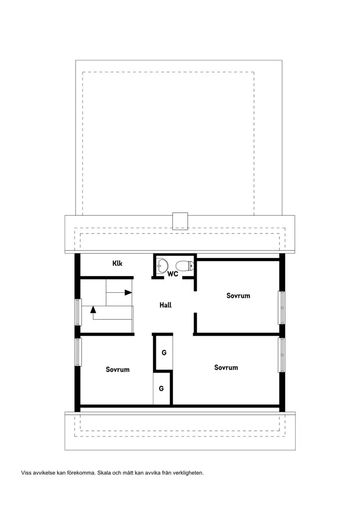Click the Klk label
(x=118, y=263)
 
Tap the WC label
(x=173, y=274)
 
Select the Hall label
(x=165, y=305)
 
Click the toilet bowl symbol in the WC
(x=185, y=266)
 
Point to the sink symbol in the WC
(x=162, y=265)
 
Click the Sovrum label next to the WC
(x=239, y=296)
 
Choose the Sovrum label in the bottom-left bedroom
(x=118, y=370)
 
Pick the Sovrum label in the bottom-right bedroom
(x=226, y=368)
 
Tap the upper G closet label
(x=164, y=353)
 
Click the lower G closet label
(x=161, y=388)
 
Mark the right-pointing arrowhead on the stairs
(x=128, y=292)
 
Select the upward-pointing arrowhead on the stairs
(x=93, y=309)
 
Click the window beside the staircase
(x=78, y=312)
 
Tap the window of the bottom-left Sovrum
(x=78, y=352)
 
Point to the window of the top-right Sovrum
(x=282, y=308)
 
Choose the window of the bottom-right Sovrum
(x=282, y=355)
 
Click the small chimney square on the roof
(x=180, y=221)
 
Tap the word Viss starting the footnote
(x=26, y=473)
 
